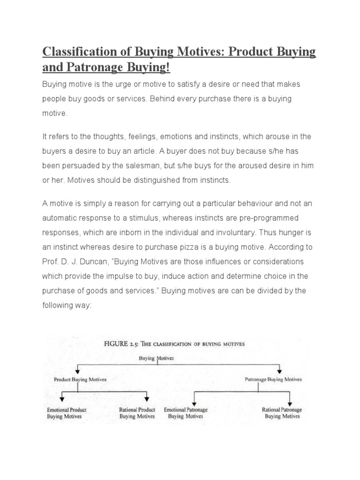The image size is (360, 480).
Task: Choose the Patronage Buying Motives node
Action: click(273, 379)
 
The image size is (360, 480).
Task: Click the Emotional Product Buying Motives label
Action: click(67, 412)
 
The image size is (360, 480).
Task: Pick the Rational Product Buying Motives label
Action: click(137, 412)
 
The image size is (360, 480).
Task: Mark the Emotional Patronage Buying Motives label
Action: click(186, 412)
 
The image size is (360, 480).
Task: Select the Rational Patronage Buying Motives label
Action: click(282, 412)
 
